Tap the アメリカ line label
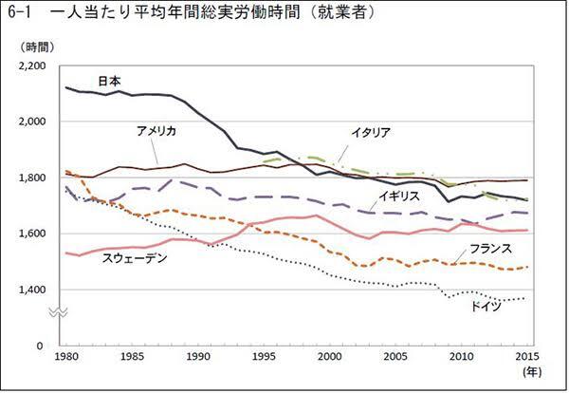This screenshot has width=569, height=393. [156, 130]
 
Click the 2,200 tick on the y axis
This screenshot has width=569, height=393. [32, 65]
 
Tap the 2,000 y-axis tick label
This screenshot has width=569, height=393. [32, 122]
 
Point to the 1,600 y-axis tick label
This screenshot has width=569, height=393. [32, 234]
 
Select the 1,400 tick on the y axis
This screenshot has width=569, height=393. [32, 290]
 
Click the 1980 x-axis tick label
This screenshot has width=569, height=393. [64, 357]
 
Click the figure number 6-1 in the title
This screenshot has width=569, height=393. [19, 12]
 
